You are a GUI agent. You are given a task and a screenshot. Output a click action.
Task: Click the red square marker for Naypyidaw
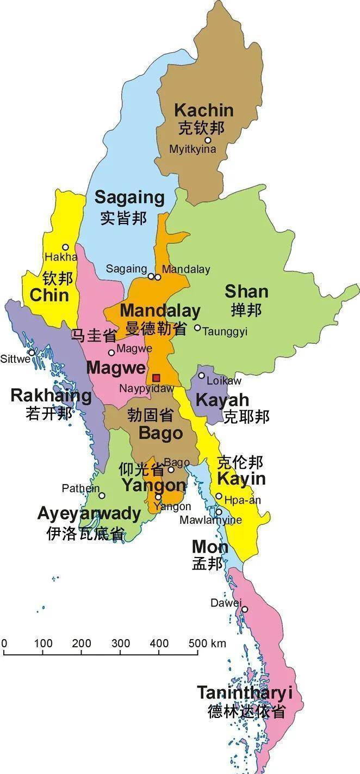click(156, 377)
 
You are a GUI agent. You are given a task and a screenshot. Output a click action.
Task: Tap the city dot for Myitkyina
click(207, 140)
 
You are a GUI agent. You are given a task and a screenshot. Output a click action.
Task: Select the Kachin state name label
click(203, 110)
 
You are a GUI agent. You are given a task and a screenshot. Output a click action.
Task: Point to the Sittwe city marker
click(32, 352)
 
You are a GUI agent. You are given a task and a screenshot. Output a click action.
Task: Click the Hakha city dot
click(65, 247)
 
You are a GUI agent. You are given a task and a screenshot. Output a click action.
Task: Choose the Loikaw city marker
click(201, 375)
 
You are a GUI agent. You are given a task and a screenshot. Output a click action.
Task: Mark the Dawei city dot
click(245, 609)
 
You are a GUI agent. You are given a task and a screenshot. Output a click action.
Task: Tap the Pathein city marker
click(102, 495)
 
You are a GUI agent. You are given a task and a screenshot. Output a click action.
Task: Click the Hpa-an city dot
click(219, 496)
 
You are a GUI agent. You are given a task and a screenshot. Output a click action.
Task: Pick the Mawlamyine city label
click(210, 521)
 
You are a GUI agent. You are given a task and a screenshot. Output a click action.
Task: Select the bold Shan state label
click(246, 292)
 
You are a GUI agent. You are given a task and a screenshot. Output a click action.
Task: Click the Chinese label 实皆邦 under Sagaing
click(123, 218)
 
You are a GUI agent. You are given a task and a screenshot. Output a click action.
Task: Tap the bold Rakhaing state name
click(51, 395)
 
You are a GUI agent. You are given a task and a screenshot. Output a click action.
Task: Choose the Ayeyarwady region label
click(89, 513)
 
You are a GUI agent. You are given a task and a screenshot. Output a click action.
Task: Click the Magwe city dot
click(111, 352)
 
